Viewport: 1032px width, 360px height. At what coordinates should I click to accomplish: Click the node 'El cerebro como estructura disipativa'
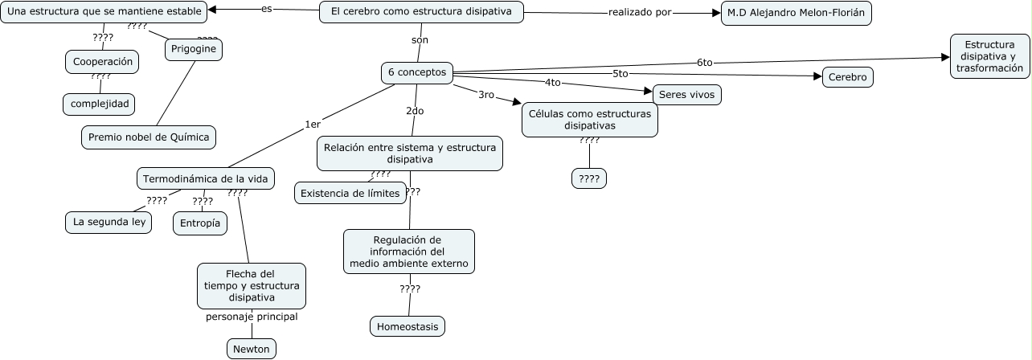[421, 12]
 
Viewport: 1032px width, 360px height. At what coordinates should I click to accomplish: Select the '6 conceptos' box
[416, 72]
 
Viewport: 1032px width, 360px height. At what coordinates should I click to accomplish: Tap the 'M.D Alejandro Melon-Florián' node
[796, 13]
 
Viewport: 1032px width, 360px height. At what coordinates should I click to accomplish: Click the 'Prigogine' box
[194, 50]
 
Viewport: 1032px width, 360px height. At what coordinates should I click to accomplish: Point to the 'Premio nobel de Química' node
[149, 137]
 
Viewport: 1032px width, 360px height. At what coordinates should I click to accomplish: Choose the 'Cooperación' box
[101, 61]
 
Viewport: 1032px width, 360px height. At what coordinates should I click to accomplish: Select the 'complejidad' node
[99, 104]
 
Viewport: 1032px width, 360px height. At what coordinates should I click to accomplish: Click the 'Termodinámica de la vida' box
[205, 178]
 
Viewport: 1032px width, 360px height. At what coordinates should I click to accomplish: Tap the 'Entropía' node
[199, 223]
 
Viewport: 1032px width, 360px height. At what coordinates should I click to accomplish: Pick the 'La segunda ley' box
[108, 222]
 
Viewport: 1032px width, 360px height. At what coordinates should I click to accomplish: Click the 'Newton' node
[252, 349]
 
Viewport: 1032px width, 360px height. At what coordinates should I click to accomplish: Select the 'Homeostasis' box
[407, 326]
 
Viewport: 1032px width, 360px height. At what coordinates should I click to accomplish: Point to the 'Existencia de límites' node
[351, 193]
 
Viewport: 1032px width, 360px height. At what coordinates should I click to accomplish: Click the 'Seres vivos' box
[686, 94]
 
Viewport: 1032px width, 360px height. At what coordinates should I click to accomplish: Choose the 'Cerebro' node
[847, 77]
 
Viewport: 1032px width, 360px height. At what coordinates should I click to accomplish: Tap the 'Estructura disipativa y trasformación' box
[990, 56]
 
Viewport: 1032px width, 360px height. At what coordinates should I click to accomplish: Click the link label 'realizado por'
[640, 12]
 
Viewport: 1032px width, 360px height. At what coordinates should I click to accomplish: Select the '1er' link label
[312, 124]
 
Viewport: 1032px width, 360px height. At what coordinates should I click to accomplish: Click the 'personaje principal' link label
[252, 317]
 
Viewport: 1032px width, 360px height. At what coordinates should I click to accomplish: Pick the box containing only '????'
[589, 178]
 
